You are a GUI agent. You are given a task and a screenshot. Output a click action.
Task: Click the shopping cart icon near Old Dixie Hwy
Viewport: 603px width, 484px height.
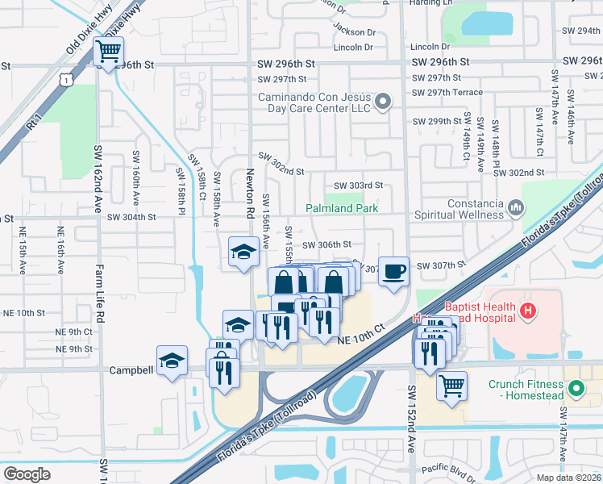click(109, 53)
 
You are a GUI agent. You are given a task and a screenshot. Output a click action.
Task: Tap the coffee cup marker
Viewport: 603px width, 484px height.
click(393, 271)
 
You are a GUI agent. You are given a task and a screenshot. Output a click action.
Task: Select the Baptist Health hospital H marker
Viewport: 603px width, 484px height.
click(527, 310)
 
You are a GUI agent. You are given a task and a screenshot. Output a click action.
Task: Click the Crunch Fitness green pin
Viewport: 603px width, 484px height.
click(576, 390)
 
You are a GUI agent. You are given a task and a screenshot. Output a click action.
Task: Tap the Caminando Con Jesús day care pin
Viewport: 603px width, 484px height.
click(384, 102)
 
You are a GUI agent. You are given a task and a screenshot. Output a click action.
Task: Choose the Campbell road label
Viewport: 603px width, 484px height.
click(131, 370)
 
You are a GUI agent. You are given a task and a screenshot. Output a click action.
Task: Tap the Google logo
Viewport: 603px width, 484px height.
click(27, 474)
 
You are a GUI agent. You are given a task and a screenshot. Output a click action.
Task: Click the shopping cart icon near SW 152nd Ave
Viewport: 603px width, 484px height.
click(451, 386)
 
